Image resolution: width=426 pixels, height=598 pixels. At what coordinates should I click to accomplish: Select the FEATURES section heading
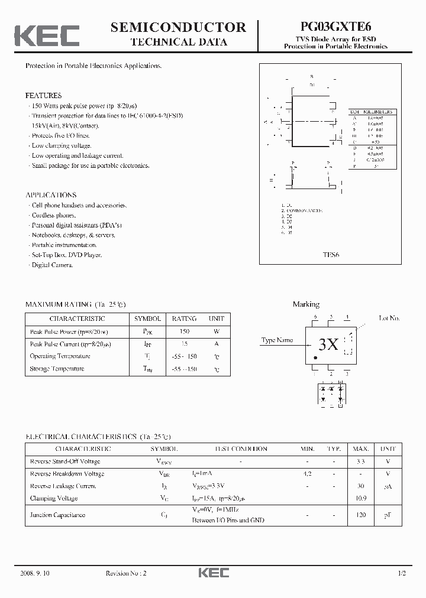(x=43, y=95)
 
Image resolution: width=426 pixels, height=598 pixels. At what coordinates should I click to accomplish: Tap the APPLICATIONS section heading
(x=50, y=195)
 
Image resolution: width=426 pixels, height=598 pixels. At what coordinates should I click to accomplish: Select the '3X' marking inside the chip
(x=328, y=345)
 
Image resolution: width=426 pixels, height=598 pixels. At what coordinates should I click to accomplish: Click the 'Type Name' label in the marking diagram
(x=277, y=340)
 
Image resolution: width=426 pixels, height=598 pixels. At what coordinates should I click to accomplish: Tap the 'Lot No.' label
(x=389, y=318)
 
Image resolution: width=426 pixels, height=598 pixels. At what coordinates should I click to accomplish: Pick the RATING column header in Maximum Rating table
(x=184, y=318)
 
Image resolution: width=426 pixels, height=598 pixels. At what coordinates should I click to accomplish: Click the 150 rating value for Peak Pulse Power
(x=184, y=332)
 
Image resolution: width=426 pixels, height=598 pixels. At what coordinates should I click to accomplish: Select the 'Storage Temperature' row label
(x=57, y=369)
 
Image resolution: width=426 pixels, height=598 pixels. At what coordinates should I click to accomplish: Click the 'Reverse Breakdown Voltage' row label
(x=67, y=474)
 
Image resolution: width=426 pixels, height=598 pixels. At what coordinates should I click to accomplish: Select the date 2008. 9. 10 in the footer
(x=34, y=574)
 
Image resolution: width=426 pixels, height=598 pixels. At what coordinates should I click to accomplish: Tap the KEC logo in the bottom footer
(x=213, y=573)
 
